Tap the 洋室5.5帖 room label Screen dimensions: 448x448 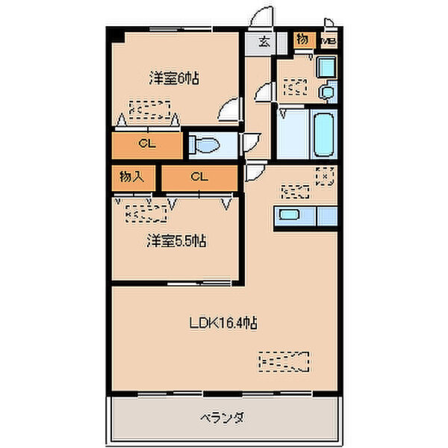pyautogui.click(x=176, y=240)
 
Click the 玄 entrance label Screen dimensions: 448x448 pyautogui.click(x=264, y=41)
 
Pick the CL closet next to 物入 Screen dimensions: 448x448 pyautogui.click(x=198, y=177)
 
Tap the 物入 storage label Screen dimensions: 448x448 pyautogui.click(x=131, y=178)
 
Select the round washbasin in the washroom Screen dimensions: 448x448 pyautogui.click(x=326, y=93)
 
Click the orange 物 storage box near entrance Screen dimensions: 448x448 pyautogui.click(x=303, y=39)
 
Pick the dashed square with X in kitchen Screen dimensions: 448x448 pyautogui.click(x=325, y=176)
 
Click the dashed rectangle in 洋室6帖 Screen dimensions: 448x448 pyautogui.click(x=149, y=110)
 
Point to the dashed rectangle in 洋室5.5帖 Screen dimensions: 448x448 pyautogui.click(x=146, y=213)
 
